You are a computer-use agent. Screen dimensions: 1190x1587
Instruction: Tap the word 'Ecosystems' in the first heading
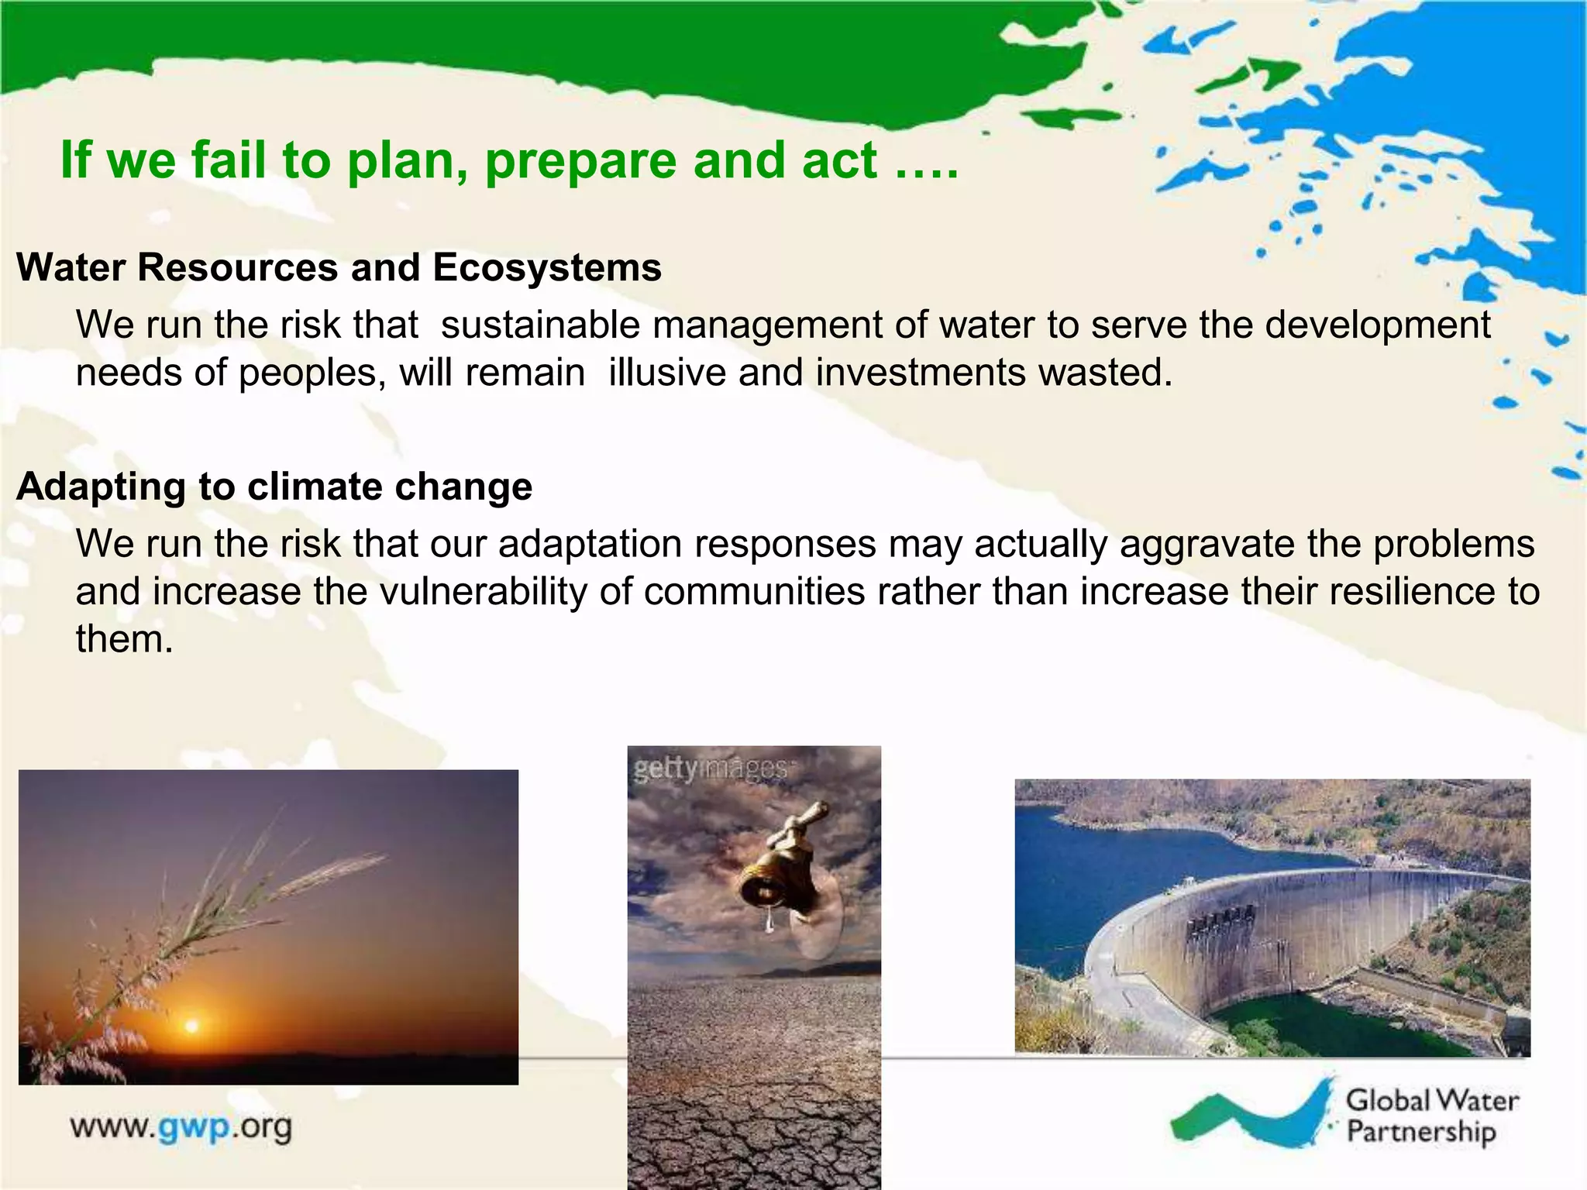click(546, 267)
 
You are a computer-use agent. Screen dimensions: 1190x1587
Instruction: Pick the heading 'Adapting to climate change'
click(274, 487)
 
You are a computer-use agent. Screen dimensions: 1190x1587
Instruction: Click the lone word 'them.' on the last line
click(124, 640)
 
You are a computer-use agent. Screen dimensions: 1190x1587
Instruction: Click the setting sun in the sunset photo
click(191, 1027)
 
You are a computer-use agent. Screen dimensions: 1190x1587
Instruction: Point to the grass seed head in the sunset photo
click(333, 872)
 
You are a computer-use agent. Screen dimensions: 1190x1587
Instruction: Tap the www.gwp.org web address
click(181, 1127)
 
